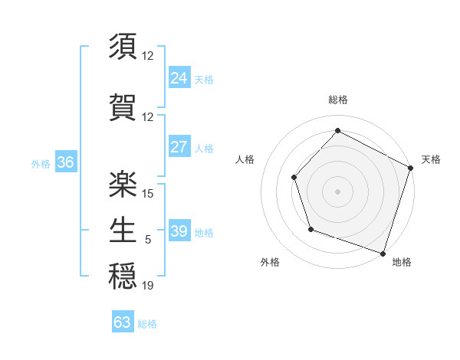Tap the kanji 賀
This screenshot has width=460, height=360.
pos(123,107)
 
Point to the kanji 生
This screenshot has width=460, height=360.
pos(123,230)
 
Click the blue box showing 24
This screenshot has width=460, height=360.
pos(179,77)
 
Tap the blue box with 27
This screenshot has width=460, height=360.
pos(179,147)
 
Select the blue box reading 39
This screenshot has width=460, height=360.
pos(179,231)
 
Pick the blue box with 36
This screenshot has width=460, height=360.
pos(65,162)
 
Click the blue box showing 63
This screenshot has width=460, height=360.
pos(123,322)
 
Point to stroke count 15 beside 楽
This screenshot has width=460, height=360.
pos(148,193)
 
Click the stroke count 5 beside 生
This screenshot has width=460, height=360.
pos(148,240)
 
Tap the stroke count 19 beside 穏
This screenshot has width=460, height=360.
pos(148,286)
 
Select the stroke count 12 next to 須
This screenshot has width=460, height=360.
pos(148,55)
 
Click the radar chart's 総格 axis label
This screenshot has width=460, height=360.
pos(337,100)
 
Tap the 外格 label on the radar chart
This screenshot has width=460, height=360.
pos(270,263)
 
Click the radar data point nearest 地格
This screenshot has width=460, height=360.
pos(382,252)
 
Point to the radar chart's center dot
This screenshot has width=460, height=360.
pos(337,191)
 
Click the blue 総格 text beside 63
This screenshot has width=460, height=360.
pos(147,324)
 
